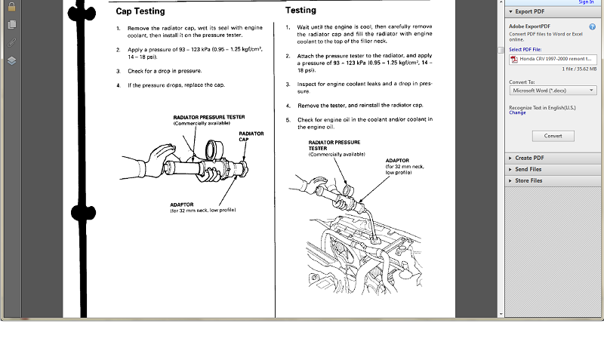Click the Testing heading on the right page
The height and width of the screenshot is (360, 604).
click(x=300, y=11)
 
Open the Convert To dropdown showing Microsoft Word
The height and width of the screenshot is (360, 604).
click(x=553, y=91)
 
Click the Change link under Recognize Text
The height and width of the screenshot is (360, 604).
click(x=517, y=112)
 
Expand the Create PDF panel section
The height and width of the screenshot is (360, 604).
click(x=529, y=158)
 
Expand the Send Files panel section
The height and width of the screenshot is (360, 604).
click(x=528, y=169)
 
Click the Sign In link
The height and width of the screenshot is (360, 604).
click(x=586, y=2)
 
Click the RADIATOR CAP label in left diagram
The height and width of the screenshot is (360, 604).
click(x=251, y=137)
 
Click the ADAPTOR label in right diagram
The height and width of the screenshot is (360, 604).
click(x=398, y=160)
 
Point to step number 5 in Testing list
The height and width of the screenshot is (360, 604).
click(x=288, y=119)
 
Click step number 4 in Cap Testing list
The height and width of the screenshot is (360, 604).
click(x=119, y=85)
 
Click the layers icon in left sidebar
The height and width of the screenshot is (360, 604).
click(x=11, y=60)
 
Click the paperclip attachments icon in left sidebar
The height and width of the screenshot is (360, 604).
click(x=11, y=42)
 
